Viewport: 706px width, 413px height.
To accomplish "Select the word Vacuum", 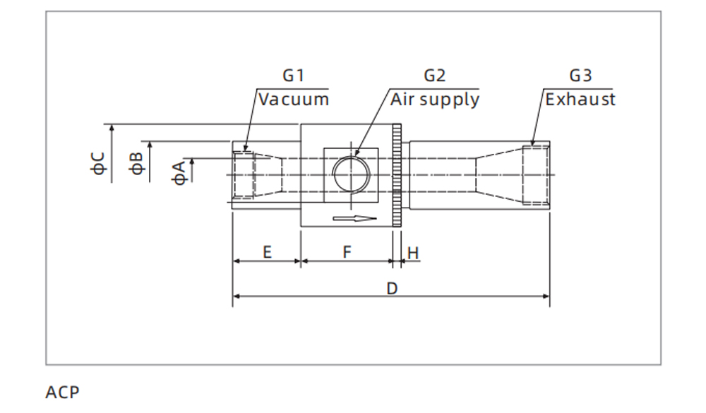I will (293, 99).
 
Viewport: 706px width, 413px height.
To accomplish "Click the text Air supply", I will (434, 100).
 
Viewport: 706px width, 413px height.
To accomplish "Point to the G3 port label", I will (580, 76).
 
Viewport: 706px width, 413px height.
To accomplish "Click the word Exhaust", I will (580, 99).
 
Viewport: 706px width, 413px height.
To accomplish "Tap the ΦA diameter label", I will (180, 172).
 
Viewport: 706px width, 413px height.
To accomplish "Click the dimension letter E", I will (267, 252).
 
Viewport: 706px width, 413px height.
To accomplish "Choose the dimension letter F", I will (347, 252).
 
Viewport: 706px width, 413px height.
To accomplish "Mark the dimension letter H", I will (413, 252).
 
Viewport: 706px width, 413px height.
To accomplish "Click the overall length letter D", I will (392, 288).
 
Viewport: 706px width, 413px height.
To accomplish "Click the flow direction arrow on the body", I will (354, 219).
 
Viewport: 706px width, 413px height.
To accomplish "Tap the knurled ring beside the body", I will (397, 175).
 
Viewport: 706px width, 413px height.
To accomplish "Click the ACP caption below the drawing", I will (63, 392).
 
